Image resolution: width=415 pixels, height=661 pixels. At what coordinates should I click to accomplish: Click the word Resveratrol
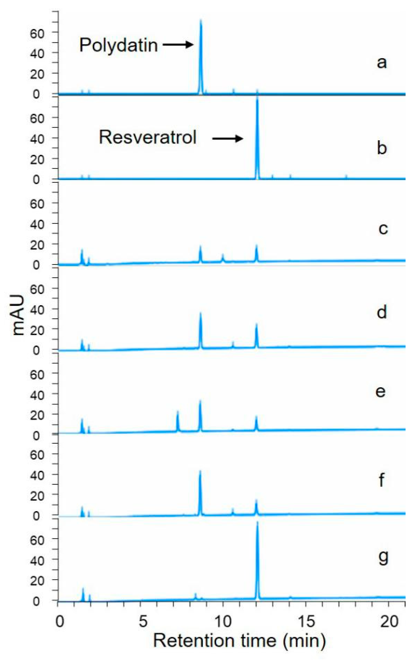click(x=148, y=137)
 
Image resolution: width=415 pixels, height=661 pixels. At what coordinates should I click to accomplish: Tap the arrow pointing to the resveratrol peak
click(x=228, y=139)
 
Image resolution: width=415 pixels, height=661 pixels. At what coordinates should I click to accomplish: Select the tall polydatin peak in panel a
click(x=201, y=55)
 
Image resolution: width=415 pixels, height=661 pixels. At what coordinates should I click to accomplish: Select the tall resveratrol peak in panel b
click(x=257, y=137)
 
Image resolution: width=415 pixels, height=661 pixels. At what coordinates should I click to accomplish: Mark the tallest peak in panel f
click(x=200, y=491)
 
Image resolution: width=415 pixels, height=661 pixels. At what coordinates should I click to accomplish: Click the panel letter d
click(x=382, y=312)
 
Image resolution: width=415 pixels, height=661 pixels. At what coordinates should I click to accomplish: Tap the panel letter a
click(x=382, y=62)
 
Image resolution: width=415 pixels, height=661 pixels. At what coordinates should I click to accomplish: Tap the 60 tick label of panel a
click(x=37, y=33)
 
